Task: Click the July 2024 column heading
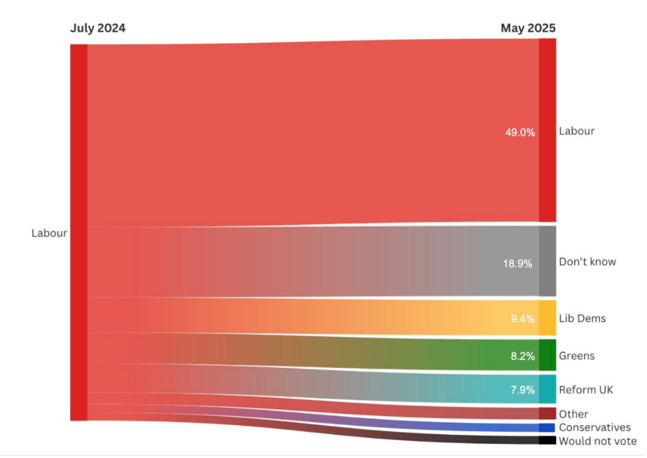pos(98,28)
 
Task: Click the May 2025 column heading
pos(527,28)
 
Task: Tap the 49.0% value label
pos(520,132)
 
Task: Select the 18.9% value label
pos(517,264)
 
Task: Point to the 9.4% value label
pos(522,319)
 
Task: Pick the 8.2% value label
pos(522,356)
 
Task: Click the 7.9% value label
pos(522,390)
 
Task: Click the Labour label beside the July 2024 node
pos(49,233)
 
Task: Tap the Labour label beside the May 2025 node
pos(576,131)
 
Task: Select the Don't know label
pos(587,261)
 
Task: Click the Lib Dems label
pos(582,319)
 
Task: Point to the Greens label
pos(576,356)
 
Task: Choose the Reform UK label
pos(586,390)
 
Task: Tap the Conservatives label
pos(595,427)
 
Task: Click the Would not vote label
pos(598,441)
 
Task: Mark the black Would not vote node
pos(547,440)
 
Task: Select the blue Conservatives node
pos(547,427)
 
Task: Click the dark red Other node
pos(547,414)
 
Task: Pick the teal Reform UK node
pos(547,389)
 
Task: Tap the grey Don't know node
pos(547,261)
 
